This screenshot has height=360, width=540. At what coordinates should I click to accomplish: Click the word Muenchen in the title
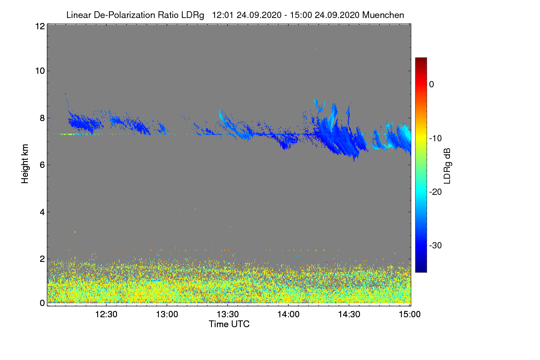click(x=383, y=15)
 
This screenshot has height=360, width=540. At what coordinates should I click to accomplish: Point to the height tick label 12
click(x=39, y=26)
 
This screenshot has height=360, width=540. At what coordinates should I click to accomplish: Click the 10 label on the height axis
click(x=39, y=71)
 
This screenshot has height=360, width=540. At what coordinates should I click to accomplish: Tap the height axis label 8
click(x=42, y=118)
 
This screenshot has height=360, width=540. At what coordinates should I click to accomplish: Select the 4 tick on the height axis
click(x=42, y=212)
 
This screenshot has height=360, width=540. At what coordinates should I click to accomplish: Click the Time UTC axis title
click(x=229, y=324)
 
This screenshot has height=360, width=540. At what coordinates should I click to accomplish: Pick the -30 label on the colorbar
click(x=436, y=246)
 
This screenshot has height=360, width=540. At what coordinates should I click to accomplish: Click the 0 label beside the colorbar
click(x=432, y=84)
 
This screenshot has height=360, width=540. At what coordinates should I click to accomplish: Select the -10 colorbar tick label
click(x=436, y=138)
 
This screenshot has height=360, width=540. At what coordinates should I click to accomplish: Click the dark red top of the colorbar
click(x=421, y=60)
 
